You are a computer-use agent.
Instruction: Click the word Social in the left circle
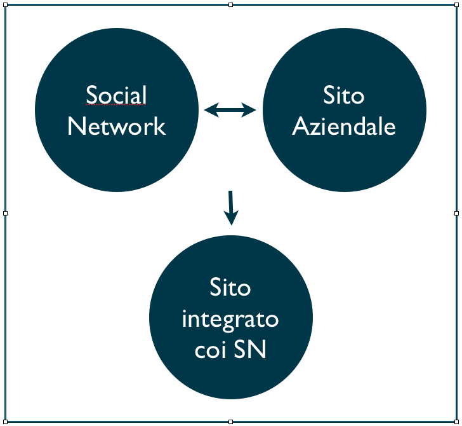click(x=116, y=95)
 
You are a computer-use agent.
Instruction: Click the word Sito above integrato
click(x=230, y=287)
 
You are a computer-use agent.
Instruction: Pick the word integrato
click(x=230, y=319)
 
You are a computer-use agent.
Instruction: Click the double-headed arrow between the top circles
click(x=230, y=111)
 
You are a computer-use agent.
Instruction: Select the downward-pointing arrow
click(x=231, y=207)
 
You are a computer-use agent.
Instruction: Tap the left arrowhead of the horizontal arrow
click(x=210, y=111)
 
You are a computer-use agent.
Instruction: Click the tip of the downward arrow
click(x=232, y=223)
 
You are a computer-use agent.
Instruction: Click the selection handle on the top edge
click(x=231, y=5)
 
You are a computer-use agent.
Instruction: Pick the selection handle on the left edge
click(x=5, y=213)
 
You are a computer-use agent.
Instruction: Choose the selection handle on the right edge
click(x=456, y=213)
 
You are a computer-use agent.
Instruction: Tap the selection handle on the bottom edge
click(x=231, y=421)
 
